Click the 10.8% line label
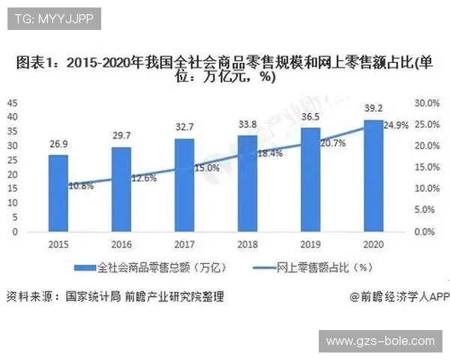click(x=80, y=184)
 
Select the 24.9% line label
click(x=396, y=125)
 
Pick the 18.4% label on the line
click(x=269, y=153)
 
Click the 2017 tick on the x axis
click(x=184, y=244)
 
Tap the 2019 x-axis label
click(x=310, y=244)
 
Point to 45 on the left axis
click(x=13, y=102)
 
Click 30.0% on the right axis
click(x=424, y=102)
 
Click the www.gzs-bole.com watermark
click(x=380, y=341)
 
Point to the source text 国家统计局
click(x=92, y=295)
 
